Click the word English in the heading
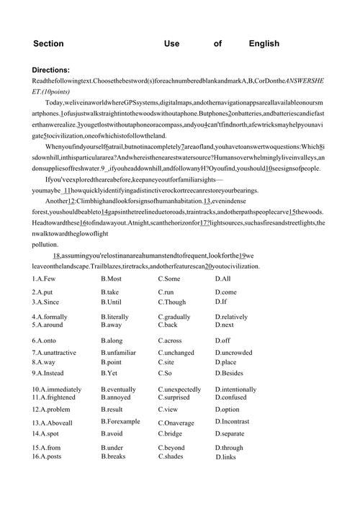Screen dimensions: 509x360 coord(264,44)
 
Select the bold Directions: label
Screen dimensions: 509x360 coord(50,70)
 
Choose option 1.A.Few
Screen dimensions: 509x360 coord(47,278)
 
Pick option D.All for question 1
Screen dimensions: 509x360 coord(222,278)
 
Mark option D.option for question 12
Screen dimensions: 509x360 coord(227,409)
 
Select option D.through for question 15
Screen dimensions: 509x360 coord(230,448)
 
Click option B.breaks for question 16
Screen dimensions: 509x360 coord(114,456)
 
